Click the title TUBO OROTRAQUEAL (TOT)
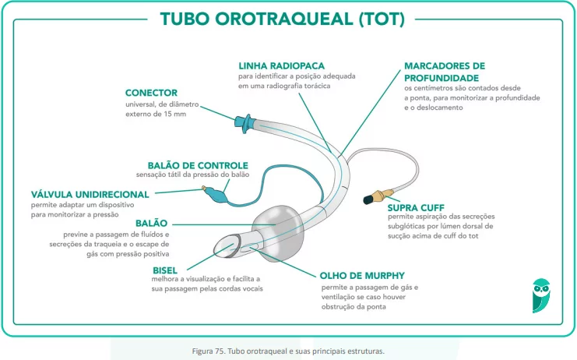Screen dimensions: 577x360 coord(282,19)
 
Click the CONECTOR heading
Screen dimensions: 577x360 coord(151,93)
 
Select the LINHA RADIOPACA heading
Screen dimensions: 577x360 coord(282,66)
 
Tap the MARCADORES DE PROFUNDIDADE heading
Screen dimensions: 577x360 coord(445,72)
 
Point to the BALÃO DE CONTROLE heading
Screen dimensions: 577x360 coord(198,165)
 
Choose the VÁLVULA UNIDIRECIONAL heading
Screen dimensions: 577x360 coord(90,194)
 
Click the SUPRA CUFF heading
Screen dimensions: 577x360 coord(416,207)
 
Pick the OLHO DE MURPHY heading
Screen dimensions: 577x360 coord(362,276)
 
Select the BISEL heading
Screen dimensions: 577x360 coord(165,270)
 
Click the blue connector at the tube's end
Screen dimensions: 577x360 coord(245,123)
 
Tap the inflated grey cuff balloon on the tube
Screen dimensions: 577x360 coord(279,233)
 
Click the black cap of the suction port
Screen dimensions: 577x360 coord(368,199)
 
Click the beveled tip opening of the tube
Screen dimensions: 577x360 coord(227,245)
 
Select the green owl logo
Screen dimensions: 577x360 coord(541,295)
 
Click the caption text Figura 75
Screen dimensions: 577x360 coord(208,351)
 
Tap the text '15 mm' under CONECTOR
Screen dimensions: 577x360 coord(174,114)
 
